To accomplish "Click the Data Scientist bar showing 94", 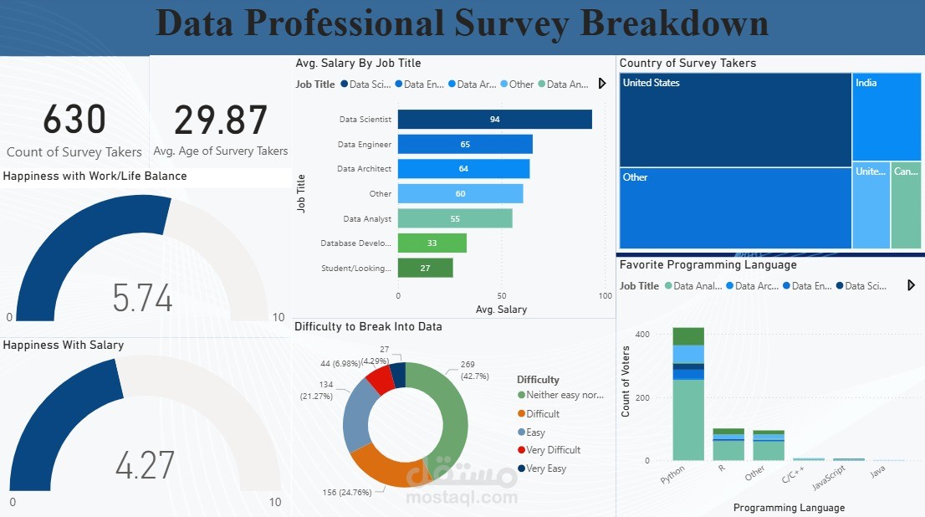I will [494, 120].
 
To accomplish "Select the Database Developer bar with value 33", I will [432, 243].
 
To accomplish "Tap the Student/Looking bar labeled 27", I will [425, 268].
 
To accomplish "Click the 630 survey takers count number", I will [74, 120].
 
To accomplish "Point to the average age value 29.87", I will [221, 120].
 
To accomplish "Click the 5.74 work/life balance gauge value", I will [142, 299].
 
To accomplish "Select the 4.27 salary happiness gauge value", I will [145, 466].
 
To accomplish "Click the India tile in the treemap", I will [887, 116].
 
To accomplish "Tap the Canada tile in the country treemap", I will [906, 205].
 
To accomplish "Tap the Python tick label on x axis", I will [672, 476].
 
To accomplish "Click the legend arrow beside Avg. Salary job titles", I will [602, 84].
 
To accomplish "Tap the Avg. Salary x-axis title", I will [501, 310].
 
